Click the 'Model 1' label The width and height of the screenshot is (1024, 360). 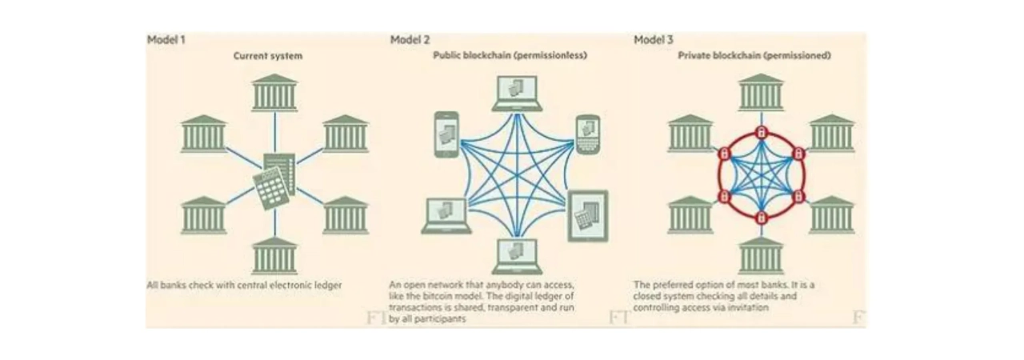coord(166,39)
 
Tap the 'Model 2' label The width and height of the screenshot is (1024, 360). coord(410,39)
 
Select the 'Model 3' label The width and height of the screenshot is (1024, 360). coord(653,39)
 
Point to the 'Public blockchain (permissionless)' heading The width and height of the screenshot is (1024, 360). coord(510,57)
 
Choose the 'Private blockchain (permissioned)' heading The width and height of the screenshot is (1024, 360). coord(754,57)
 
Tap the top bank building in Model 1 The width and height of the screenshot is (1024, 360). coord(274,93)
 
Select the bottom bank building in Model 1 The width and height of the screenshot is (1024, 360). coord(274,256)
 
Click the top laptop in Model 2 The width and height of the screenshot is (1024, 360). coord(516,94)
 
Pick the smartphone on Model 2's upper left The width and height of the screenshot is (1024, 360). coord(446,134)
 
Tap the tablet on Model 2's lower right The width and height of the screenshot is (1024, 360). coord(588,215)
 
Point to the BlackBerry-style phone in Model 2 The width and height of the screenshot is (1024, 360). coord(588,133)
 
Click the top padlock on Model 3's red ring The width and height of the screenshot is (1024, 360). coord(761,131)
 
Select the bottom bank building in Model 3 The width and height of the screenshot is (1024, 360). coord(761,256)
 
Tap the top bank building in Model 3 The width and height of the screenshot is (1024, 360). coord(761,93)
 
